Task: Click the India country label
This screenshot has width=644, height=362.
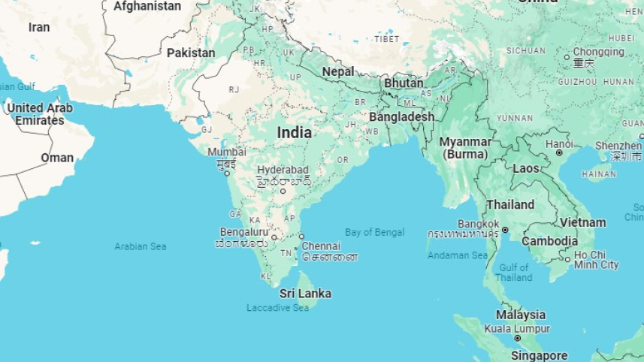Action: pyautogui.click(x=294, y=132)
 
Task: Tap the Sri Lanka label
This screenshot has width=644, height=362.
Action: pyautogui.click(x=305, y=294)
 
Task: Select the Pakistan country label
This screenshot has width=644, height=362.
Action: pyautogui.click(x=191, y=53)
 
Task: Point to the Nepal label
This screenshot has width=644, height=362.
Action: pyautogui.click(x=338, y=71)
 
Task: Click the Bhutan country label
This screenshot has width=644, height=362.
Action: pyautogui.click(x=404, y=83)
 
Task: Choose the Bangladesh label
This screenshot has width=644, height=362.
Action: pyautogui.click(x=401, y=117)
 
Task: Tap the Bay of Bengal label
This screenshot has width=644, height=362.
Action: pyautogui.click(x=374, y=232)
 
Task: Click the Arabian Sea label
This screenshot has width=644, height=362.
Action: pyautogui.click(x=141, y=246)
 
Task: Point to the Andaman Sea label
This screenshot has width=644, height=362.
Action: pyautogui.click(x=458, y=255)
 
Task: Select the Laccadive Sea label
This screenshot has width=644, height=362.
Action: pyautogui.click(x=278, y=308)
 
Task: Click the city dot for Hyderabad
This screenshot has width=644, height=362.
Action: pyautogui.click(x=283, y=191)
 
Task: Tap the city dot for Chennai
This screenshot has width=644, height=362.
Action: pyautogui.click(x=301, y=237)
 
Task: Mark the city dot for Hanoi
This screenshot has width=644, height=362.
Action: pyautogui.click(x=559, y=153)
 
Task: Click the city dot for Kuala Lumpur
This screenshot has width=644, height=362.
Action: pyautogui.click(x=517, y=339)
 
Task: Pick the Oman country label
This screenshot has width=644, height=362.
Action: pyautogui.click(x=57, y=158)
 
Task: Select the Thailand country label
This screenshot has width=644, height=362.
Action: pyautogui.click(x=510, y=204)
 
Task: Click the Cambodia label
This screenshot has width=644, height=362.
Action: pyautogui.click(x=549, y=241)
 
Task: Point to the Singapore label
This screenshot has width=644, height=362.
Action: pyautogui.click(x=540, y=355)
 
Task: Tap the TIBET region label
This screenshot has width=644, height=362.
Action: pyautogui.click(x=387, y=38)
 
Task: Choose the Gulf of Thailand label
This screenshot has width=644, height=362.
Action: pyautogui.click(x=514, y=272)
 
